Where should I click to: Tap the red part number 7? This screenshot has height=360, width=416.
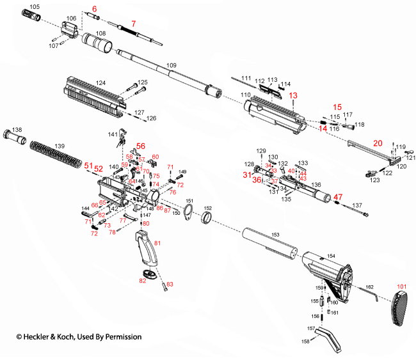click(132, 24)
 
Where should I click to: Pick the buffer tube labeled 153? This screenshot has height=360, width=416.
click(269, 246)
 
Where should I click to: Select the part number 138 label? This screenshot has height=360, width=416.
click(17, 130)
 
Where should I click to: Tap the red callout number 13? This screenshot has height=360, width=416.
click(294, 95)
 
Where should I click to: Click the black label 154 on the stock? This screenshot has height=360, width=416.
click(331, 255)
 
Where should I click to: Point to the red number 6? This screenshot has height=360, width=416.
click(95, 8)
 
